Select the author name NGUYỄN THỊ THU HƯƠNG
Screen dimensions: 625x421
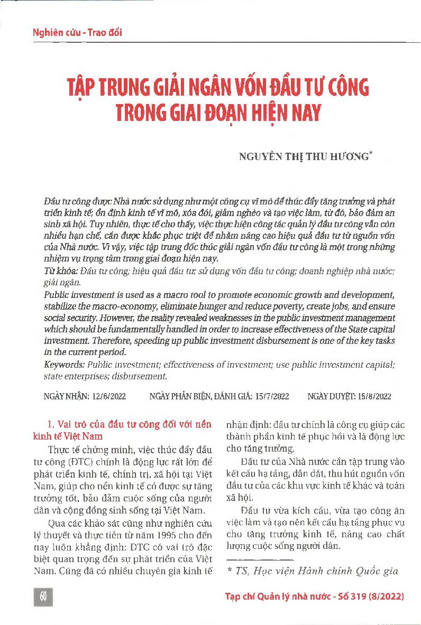point(305,156)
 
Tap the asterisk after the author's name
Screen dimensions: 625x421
point(372,153)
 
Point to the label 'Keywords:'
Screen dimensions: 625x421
point(65,365)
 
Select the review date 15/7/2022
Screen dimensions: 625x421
point(271,397)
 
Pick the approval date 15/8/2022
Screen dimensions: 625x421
point(374,397)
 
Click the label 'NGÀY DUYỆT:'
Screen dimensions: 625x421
point(332,397)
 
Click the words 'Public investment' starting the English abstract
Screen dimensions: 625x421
point(76,294)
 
